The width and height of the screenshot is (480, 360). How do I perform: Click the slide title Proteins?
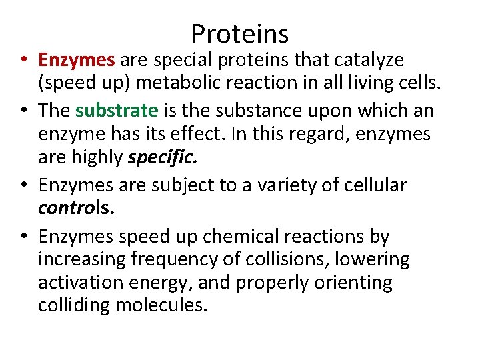[240, 34]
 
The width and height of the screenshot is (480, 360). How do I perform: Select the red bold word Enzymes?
[77, 60]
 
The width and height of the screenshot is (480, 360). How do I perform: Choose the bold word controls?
[76, 209]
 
